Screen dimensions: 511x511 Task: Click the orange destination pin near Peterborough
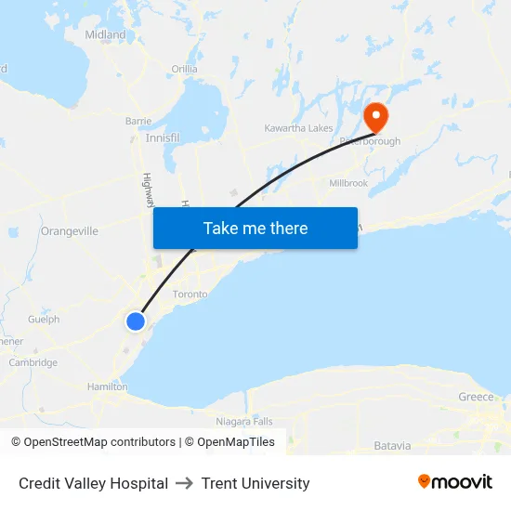click(x=377, y=116)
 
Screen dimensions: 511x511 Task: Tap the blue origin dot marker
click(x=136, y=321)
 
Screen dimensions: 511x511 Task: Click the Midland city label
click(x=105, y=34)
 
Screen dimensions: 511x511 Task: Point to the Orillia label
click(x=184, y=69)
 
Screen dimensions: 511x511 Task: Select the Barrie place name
click(x=138, y=121)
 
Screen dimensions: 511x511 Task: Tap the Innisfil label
click(x=163, y=138)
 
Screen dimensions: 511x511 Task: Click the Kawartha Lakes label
click(x=298, y=127)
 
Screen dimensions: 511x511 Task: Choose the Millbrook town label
click(x=348, y=183)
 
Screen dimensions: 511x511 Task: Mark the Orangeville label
click(x=70, y=231)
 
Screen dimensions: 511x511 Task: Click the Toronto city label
click(x=190, y=294)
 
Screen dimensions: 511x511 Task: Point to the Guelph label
click(x=44, y=320)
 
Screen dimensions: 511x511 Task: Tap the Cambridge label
click(x=33, y=363)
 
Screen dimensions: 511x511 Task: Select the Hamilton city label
click(x=107, y=387)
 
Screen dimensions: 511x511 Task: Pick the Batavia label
click(x=392, y=446)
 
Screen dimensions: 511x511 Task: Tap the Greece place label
click(x=476, y=397)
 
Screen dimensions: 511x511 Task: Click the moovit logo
click(x=455, y=482)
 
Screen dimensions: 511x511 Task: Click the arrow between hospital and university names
click(x=185, y=483)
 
